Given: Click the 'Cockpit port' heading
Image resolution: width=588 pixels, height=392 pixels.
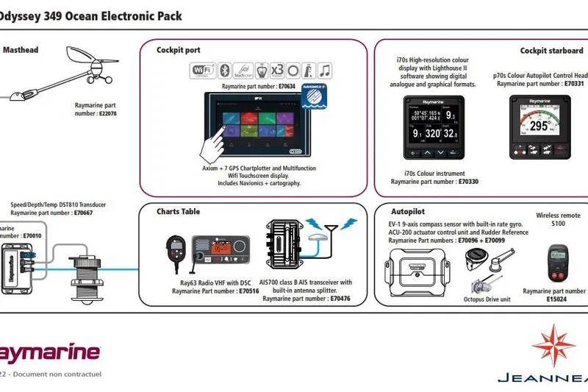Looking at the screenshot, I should coord(178,50).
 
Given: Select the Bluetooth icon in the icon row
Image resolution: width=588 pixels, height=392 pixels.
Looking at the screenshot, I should coord(226,71).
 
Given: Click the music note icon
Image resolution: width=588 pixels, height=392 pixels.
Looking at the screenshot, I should coord(324,71).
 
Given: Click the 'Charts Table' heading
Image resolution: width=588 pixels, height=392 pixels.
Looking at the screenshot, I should coord(178,212).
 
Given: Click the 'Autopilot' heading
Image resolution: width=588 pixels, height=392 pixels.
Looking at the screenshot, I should coord(408,212).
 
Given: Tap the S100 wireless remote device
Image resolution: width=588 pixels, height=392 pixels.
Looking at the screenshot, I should coord(554,266).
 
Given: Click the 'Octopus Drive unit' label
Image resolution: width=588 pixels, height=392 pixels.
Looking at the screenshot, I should coord(487,300).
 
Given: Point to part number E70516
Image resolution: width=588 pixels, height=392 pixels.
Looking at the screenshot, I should coord(248,291).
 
